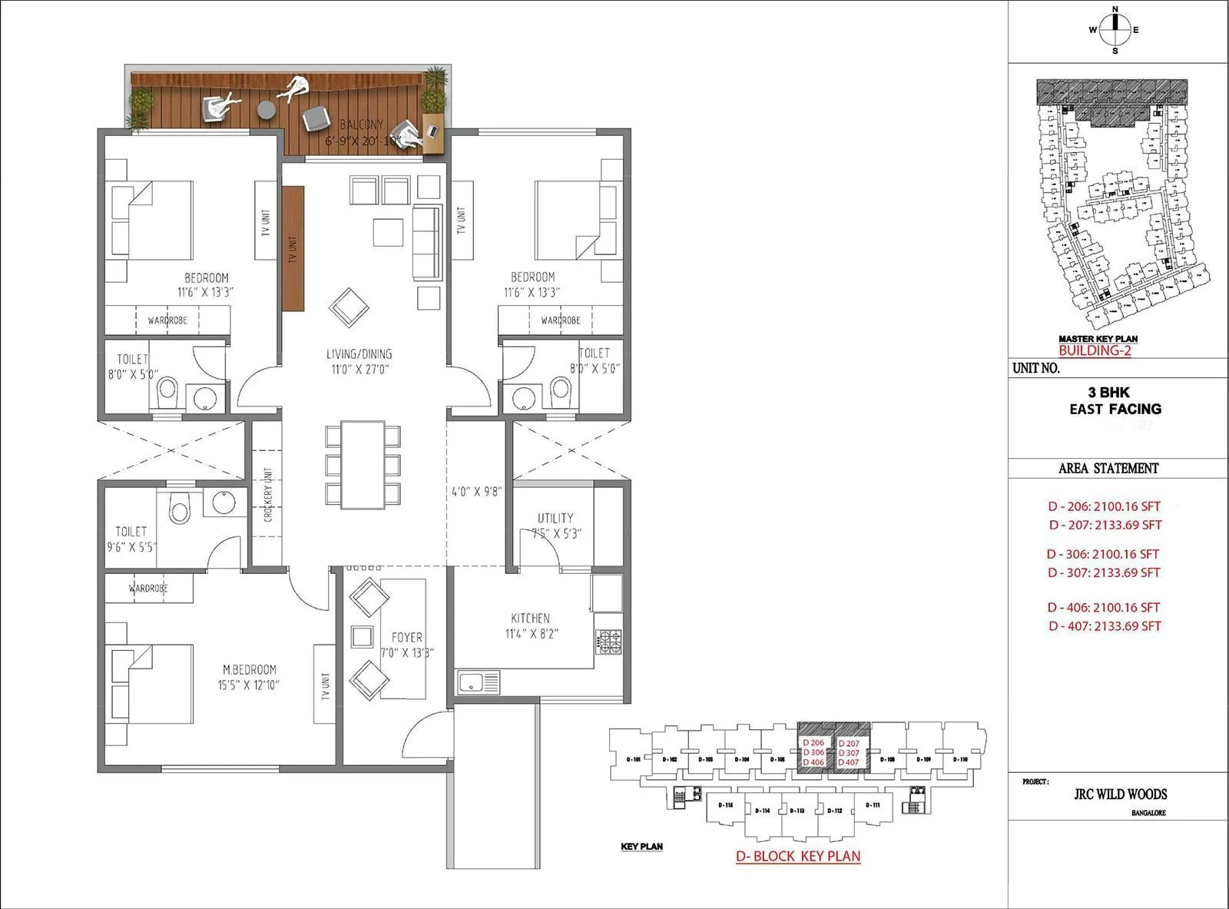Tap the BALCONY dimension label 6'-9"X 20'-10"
[x=362, y=141]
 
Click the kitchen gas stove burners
[x=608, y=642]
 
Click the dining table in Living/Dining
[x=363, y=464]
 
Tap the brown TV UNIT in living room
[x=293, y=248]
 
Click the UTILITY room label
[x=555, y=518]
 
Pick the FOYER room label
[x=406, y=637]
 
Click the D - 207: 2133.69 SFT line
[x=1105, y=525]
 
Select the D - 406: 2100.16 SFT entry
[x=1104, y=607]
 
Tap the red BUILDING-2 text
[x=1095, y=350]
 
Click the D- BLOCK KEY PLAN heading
[x=797, y=856]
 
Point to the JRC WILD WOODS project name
[x=1120, y=794]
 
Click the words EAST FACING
[x=1115, y=409]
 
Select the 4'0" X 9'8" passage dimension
[x=475, y=491]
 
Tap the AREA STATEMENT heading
[x=1108, y=468]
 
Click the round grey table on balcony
[x=266, y=110]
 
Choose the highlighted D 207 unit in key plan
[x=849, y=744]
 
